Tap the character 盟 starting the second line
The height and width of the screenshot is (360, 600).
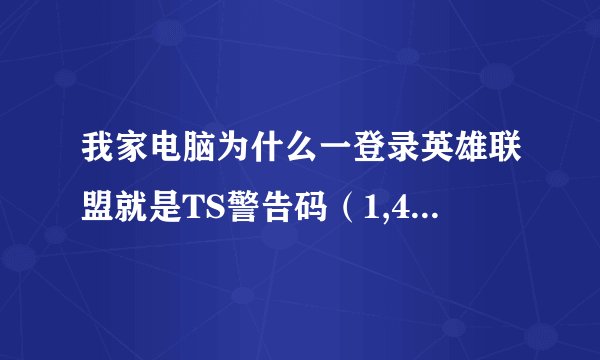pyautogui.click(x=98, y=204)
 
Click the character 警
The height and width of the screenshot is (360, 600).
pyautogui.click(x=250, y=204)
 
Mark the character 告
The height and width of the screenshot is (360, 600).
pyautogui.click(x=286, y=204)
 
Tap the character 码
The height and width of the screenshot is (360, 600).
pyautogui.click(x=322, y=204)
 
